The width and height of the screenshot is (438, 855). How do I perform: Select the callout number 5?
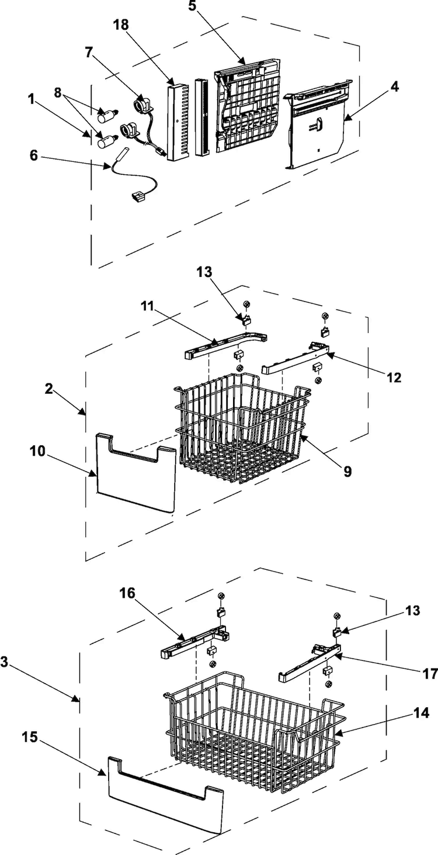(192, 6)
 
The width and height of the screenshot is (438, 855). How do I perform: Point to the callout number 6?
(33, 155)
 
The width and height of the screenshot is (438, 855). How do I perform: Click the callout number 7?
(89, 52)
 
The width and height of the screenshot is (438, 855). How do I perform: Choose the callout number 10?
(38, 451)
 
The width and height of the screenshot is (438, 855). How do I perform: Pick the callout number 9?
(347, 472)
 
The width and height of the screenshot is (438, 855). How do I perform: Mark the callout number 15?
(29, 738)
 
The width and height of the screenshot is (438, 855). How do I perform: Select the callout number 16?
(127, 593)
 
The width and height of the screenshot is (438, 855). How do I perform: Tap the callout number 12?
(394, 378)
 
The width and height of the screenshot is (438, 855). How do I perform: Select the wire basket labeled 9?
(242, 428)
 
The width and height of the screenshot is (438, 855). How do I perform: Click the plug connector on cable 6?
(137, 197)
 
